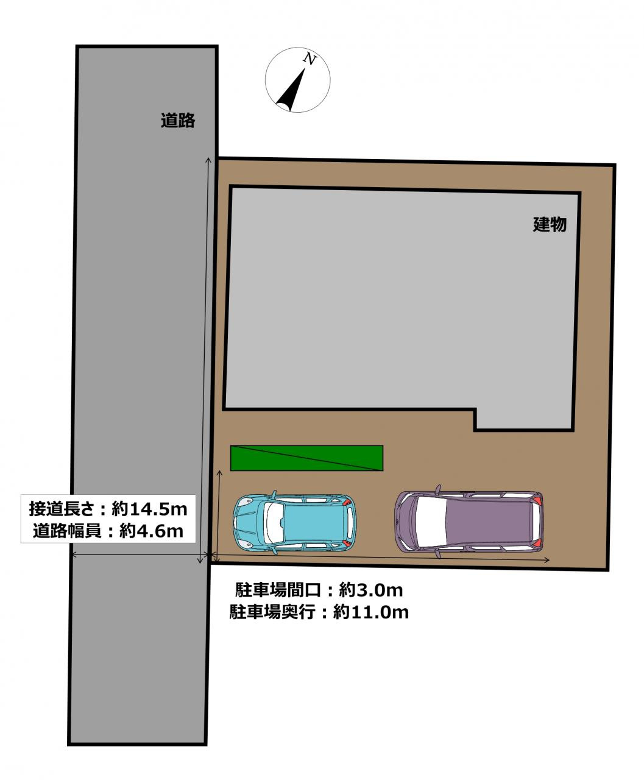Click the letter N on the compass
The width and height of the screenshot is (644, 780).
pyautogui.click(x=310, y=60)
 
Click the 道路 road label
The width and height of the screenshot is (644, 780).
pyautogui.click(x=178, y=121)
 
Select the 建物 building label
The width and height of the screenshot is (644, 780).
pyautogui.click(x=550, y=224)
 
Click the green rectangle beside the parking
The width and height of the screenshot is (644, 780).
pyautogui.click(x=306, y=458)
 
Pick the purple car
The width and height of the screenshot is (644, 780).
pyautogui.click(x=469, y=521)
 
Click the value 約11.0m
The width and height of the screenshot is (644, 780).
pyautogui.click(x=371, y=612)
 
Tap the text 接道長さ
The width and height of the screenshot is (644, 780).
pyautogui.click(x=59, y=508)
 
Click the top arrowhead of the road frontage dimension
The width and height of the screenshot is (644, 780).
pyautogui.click(x=208, y=160)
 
